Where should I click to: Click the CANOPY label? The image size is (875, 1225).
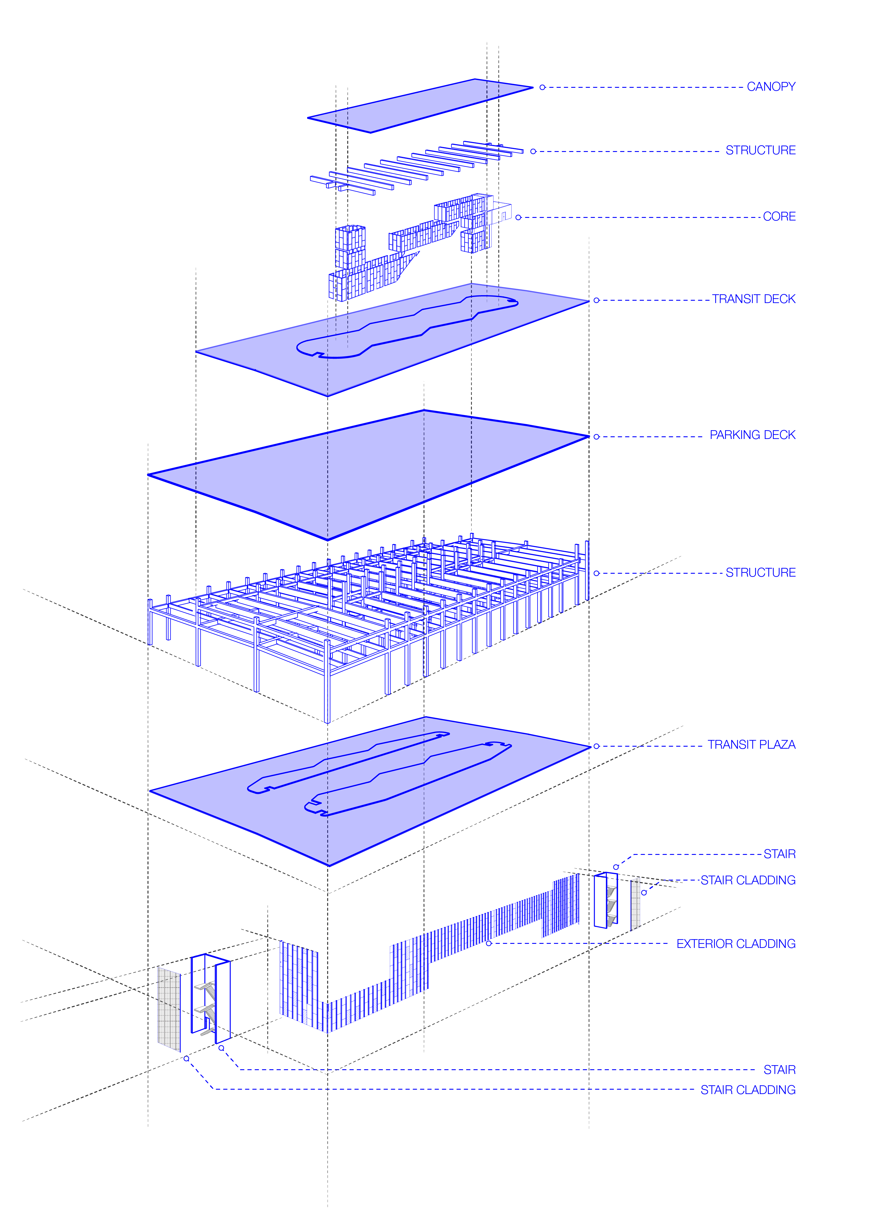coord(771,87)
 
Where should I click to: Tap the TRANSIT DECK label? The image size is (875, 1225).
coord(753,299)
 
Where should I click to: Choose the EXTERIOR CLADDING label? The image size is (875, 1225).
coord(736,944)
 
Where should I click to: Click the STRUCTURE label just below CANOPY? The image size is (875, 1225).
coord(760,150)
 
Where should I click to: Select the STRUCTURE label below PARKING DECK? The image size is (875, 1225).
coord(760,573)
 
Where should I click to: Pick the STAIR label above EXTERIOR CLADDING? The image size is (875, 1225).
coord(779,854)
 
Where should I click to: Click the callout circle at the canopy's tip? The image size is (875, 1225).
coord(542,87)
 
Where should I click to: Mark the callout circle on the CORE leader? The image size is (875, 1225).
coord(518,218)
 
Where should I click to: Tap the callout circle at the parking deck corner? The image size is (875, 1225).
coord(596,437)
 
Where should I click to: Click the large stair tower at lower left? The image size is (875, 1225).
coord(210,999)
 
